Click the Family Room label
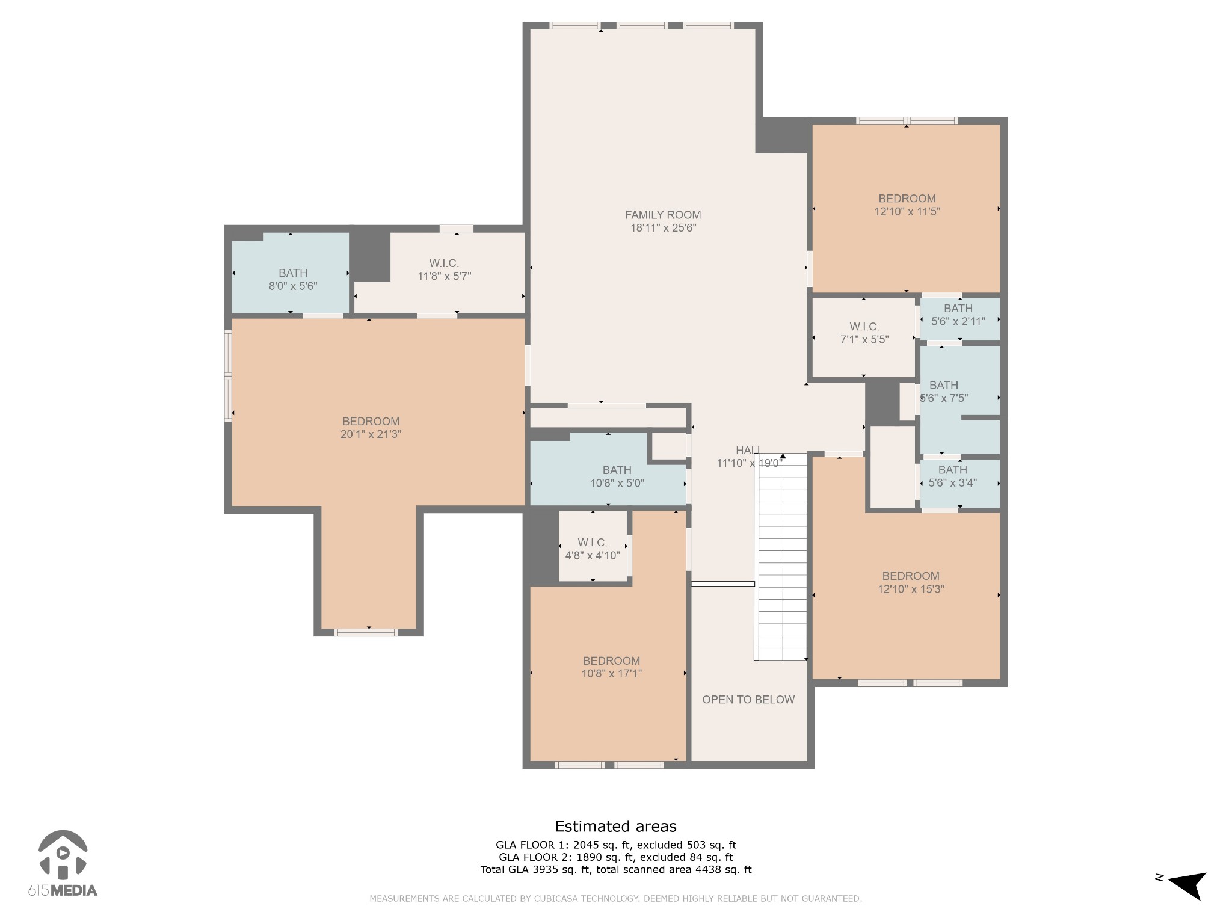(663, 215)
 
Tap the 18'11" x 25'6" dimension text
(663, 228)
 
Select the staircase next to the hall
(781, 556)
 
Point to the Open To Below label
(748, 700)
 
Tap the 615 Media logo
(63, 864)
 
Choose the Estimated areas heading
(615, 827)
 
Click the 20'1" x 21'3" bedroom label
(371, 428)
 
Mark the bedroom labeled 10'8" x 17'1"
(611, 667)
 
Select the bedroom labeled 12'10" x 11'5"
(907, 205)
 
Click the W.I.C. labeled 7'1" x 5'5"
(864, 333)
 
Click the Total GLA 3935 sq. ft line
(616, 869)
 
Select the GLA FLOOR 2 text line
(615, 857)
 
